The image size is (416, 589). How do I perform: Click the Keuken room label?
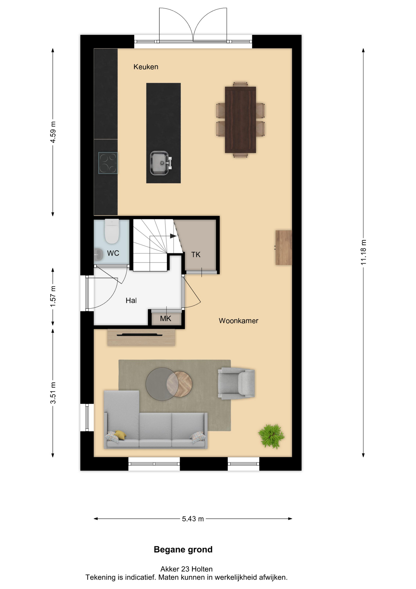click(x=146, y=67)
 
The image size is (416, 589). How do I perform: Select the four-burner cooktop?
click(x=108, y=163)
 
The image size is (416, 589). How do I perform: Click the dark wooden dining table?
click(x=240, y=120)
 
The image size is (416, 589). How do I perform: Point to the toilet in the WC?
click(x=112, y=231)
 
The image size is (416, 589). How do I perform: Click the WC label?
click(x=113, y=253)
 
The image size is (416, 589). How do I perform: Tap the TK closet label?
click(x=196, y=254)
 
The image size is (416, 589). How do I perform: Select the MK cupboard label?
click(x=166, y=318)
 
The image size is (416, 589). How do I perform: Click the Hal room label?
click(x=131, y=300)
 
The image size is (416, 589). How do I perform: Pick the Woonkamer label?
click(x=239, y=321)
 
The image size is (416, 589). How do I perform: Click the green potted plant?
click(x=271, y=436)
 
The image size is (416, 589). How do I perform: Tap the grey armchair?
click(x=236, y=383)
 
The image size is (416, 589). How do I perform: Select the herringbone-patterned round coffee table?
click(x=180, y=384)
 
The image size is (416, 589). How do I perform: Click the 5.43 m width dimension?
click(x=193, y=519)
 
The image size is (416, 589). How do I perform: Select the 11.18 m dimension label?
click(x=363, y=252)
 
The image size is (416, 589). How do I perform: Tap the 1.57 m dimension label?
click(x=53, y=296)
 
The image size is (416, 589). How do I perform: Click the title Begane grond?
click(x=183, y=549)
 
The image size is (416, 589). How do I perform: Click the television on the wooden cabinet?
click(x=140, y=335)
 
